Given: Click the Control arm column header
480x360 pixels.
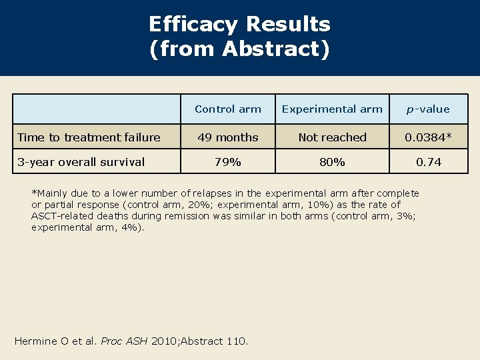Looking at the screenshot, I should (x=228, y=109).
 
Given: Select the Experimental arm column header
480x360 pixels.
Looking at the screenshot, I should (x=332, y=109).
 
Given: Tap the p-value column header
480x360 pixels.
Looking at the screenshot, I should (x=429, y=109).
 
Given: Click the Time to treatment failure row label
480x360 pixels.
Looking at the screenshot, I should (x=89, y=137).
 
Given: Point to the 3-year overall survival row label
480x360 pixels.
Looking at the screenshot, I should (x=81, y=162).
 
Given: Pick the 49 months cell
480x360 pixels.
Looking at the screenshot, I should (x=228, y=137).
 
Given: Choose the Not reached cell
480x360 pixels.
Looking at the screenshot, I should (x=332, y=137).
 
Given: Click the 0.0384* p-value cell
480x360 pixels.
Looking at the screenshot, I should (x=429, y=137).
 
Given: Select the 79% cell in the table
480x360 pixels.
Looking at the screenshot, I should (x=228, y=162).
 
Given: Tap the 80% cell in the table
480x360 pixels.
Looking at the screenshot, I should (x=332, y=162).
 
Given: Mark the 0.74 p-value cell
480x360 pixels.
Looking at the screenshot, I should (x=429, y=162).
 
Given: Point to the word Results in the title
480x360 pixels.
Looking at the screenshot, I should (x=288, y=25).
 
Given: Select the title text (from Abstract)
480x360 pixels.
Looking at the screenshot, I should (x=240, y=49).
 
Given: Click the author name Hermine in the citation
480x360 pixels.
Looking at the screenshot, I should (x=36, y=341).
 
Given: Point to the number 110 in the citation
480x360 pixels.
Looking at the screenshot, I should (x=236, y=341).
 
